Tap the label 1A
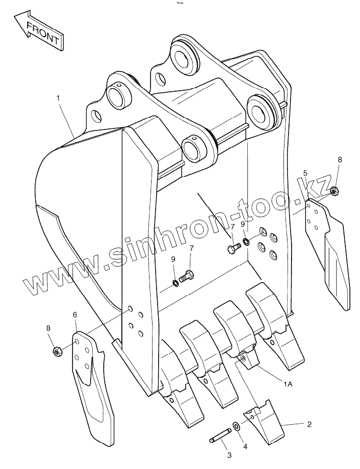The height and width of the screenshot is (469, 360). tap(287, 384)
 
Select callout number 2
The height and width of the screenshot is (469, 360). tap(309, 424)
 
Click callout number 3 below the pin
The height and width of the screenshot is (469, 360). tap(229, 455)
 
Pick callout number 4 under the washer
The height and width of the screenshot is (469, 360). tap(245, 446)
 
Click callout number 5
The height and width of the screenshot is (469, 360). tap(305, 173)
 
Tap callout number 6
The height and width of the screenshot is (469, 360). tap(75, 315)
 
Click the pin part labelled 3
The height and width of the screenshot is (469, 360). tap(220, 435)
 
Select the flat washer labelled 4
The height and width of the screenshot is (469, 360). tap(237, 427)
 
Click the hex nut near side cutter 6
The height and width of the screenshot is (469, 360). tap(57, 351)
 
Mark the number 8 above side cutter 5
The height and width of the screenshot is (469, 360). tap(339, 159)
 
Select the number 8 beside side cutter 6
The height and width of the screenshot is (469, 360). tap(48, 328)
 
